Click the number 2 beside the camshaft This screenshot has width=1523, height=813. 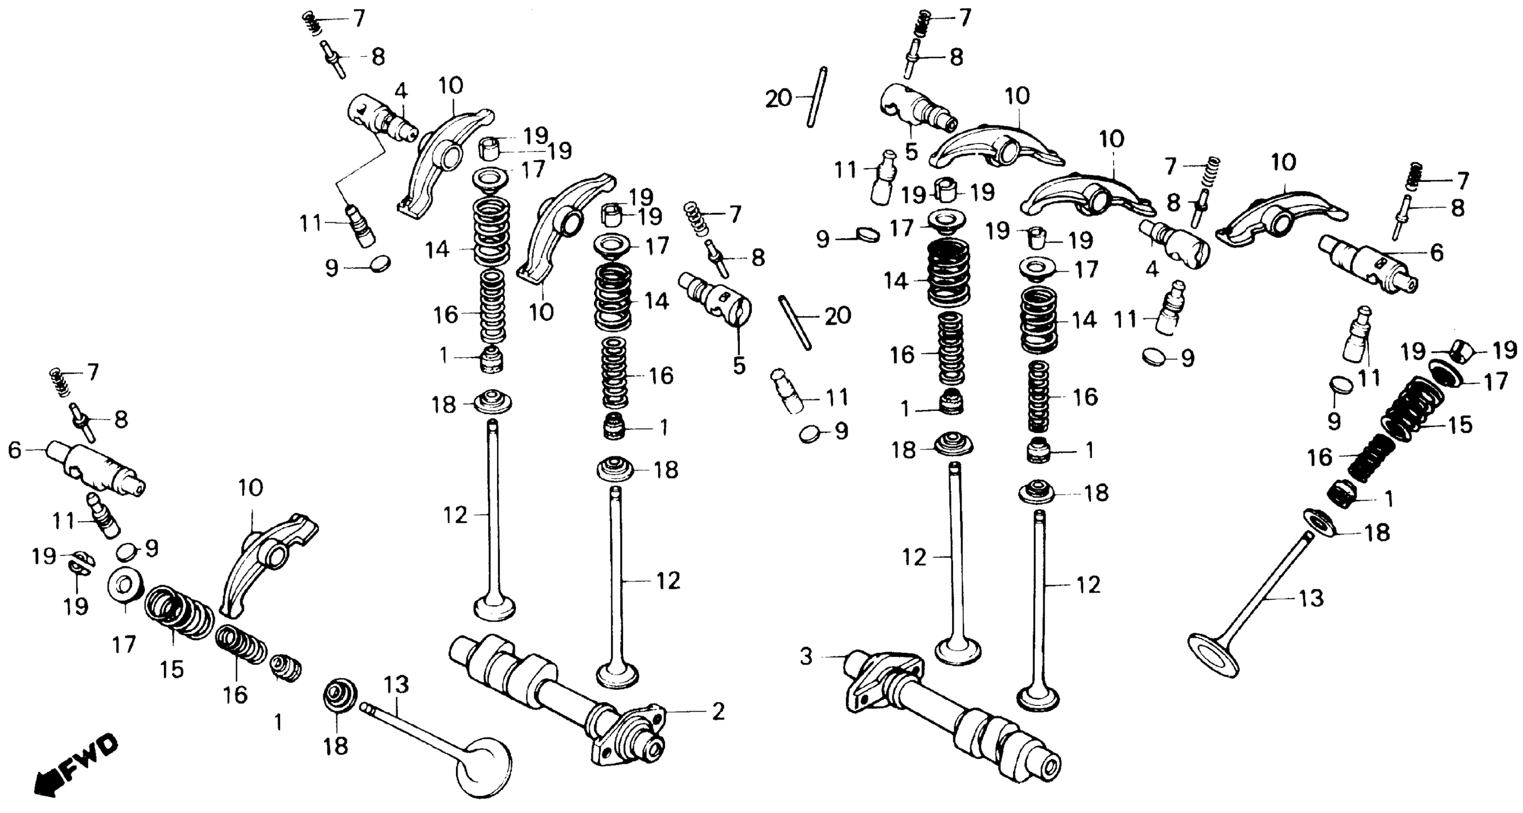718,711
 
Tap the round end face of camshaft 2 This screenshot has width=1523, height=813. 655,750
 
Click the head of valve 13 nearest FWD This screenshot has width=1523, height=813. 484,766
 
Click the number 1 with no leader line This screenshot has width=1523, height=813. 278,722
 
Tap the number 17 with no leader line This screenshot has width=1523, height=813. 124,644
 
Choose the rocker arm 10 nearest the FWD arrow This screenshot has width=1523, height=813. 266,562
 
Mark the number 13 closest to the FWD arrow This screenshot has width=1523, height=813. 396,685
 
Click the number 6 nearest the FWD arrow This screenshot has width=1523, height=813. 14,451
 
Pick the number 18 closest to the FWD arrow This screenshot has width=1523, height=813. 335,746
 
